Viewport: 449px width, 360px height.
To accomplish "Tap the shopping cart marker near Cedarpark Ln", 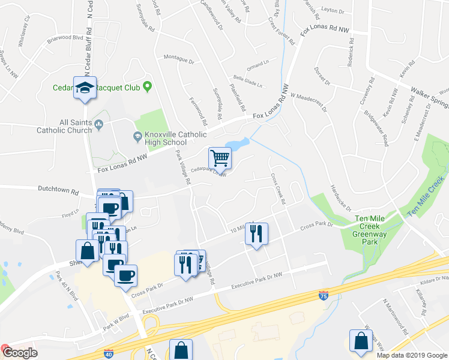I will click(220, 158).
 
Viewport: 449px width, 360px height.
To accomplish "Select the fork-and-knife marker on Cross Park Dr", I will click(256, 233).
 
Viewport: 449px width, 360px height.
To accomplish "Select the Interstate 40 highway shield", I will click(108, 354).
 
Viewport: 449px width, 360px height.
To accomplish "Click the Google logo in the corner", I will click(20, 353).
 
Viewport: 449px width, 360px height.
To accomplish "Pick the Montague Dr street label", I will click(179, 61).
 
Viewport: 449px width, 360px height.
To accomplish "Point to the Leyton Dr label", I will click(334, 10).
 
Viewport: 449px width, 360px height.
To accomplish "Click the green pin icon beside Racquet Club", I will click(146, 88).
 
